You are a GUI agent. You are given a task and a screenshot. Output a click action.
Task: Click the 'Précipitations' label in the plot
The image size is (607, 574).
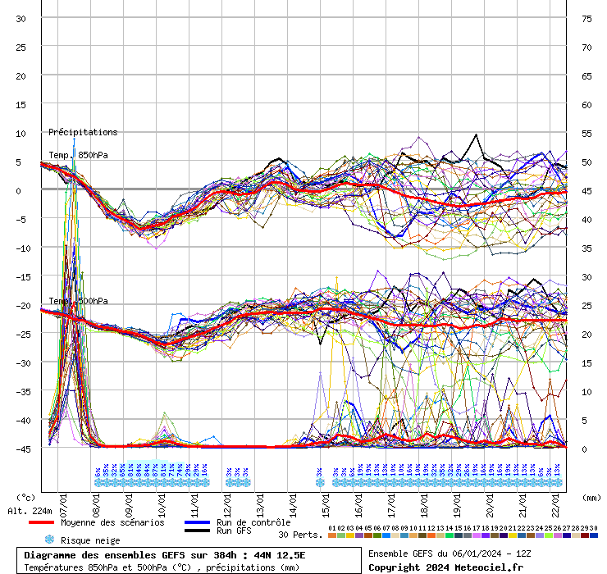pos(83,132)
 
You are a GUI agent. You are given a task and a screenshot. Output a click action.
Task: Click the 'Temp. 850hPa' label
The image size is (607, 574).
pos(78,155)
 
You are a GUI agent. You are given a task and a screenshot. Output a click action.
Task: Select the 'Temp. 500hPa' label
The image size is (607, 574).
pos(78,301)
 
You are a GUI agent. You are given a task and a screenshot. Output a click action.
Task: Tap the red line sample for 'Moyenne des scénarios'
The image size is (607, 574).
pos(40,522)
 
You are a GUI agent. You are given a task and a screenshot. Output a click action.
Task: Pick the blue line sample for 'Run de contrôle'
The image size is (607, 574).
pos(197,522)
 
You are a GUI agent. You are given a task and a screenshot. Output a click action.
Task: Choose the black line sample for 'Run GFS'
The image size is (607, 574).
pos(197,531)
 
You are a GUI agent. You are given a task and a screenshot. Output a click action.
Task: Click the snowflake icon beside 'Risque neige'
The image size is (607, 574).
pos(49,540)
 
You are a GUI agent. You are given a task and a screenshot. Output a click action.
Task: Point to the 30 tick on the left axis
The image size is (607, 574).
pos(21,19)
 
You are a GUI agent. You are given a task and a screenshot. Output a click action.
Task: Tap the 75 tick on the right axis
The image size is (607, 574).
pos(586,19)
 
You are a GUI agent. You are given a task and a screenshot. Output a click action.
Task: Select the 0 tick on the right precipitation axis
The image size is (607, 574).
pos(584,449)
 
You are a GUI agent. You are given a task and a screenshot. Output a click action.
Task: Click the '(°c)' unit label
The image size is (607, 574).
pos(26,497)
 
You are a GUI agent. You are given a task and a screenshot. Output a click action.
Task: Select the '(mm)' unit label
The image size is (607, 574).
pos(591,497)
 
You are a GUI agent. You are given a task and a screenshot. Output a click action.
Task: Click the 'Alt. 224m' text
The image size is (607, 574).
pos(30,511)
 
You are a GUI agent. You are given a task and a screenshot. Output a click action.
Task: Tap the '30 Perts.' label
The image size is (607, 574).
pos(299,535)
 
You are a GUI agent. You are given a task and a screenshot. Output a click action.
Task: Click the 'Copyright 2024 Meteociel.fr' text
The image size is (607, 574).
pos(445,567)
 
